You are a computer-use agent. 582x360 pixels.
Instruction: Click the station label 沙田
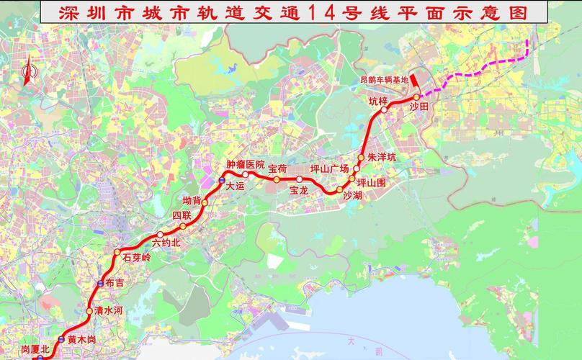419,107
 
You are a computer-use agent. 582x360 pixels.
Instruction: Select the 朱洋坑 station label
382,156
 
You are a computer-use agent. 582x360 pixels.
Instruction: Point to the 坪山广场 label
329,168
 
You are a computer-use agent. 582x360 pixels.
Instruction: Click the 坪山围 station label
372,183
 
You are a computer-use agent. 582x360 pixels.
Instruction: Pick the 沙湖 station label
352,195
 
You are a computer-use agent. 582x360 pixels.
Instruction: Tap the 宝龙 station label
299,191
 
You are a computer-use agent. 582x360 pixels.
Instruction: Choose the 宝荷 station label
278,168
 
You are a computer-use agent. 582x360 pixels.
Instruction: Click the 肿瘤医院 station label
246,164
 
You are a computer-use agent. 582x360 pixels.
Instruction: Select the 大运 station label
236,185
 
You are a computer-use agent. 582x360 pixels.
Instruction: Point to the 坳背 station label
192,200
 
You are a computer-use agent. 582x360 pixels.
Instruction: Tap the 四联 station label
181,215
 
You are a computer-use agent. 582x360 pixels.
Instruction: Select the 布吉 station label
115,283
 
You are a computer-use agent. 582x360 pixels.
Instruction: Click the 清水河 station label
109,311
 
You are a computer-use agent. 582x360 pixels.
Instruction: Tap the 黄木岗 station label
81,339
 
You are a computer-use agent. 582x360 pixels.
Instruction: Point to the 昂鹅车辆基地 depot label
384,79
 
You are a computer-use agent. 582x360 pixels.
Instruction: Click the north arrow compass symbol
29,74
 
